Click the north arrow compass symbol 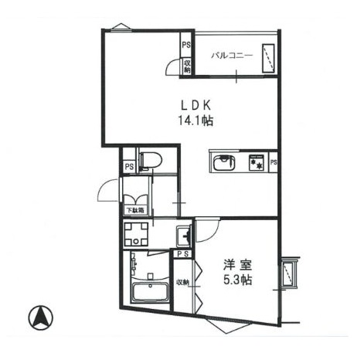click(40, 318)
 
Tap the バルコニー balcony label click(232, 56)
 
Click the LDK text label click(196, 105)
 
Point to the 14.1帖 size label click(196, 121)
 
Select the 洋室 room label click(237, 265)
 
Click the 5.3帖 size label click(237, 280)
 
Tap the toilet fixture click(150, 161)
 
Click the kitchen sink click(223, 163)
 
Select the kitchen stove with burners click(257, 162)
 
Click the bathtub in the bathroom click(149, 292)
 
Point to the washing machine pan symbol click(136, 234)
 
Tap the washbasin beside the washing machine click(184, 235)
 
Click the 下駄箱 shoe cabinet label click(135, 210)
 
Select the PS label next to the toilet click(129, 167)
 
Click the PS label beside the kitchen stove click(274, 162)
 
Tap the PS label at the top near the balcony click(186, 45)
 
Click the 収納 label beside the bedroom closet click(182, 282)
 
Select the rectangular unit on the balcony click(268, 59)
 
